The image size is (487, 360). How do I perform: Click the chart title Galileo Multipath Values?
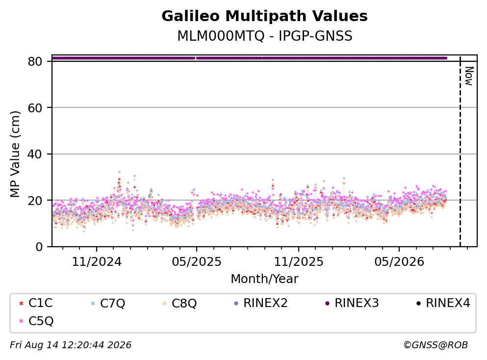[x=264, y=16]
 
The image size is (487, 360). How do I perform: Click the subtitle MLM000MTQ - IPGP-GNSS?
[x=265, y=36]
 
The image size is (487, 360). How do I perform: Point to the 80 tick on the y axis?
[x=35, y=61]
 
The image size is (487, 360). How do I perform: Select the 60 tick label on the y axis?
[x=35, y=108]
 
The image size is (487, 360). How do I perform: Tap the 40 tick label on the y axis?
[x=35, y=154]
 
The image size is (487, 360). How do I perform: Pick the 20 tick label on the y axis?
[x=35, y=200]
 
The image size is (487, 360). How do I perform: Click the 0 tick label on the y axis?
[x=39, y=247]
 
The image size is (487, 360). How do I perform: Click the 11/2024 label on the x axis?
[x=97, y=262]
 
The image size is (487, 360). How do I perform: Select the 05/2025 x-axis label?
[x=197, y=262]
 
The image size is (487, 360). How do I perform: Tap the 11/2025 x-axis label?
[x=299, y=262]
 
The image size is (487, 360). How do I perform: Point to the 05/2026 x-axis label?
[x=399, y=262]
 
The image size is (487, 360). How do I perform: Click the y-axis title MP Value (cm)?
[x=15, y=154]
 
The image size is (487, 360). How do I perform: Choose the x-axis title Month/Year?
[x=264, y=279]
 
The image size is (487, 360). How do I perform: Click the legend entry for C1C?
[x=36, y=303]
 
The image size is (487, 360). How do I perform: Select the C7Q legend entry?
[x=108, y=303]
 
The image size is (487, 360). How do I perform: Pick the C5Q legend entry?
[x=36, y=321]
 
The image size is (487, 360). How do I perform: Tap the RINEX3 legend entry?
[x=352, y=303]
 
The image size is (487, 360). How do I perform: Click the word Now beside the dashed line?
[x=469, y=76]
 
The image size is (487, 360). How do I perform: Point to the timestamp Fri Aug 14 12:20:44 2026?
[x=71, y=345]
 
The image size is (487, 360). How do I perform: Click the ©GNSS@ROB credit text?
[x=436, y=345]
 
